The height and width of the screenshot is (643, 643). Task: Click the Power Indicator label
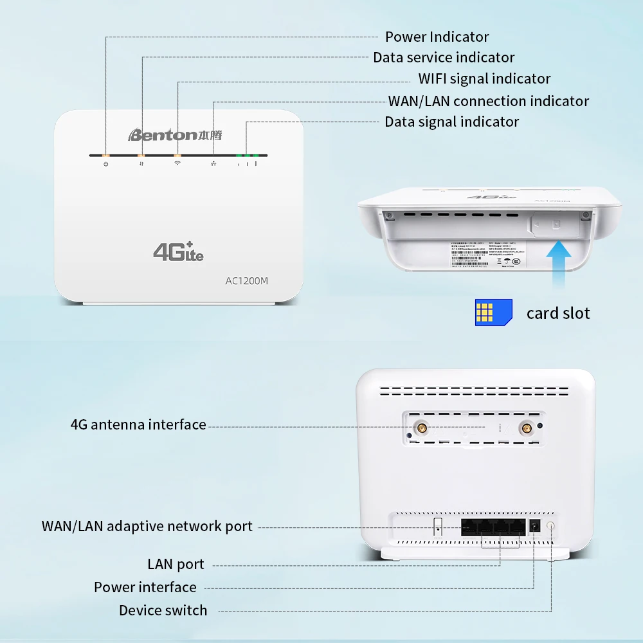(x=437, y=37)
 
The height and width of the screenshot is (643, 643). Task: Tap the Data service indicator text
(x=444, y=57)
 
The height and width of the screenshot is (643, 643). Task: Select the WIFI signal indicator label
(x=484, y=78)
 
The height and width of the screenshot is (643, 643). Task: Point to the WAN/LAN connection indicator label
(x=488, y=101)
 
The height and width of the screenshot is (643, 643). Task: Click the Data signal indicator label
(x=451, y=122)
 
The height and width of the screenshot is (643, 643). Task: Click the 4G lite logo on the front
(x=178, y=251)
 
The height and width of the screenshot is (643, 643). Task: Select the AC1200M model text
(x=246, y=280)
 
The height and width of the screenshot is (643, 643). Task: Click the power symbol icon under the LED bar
(x=106, y=165)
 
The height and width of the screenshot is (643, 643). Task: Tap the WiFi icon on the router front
(x=177, y=164)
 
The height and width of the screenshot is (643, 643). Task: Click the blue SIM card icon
(x=493, y=312)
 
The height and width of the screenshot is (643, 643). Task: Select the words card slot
(x=557, y=313)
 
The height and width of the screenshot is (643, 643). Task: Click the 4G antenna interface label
(x=138, y=424)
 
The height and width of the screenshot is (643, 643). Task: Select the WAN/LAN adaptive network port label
(x=147, y=526)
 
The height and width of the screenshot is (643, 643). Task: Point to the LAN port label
(x=176, y=564)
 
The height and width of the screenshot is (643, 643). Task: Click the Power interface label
(x=145, y=587)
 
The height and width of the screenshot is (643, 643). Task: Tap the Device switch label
(x=163, y=610)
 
